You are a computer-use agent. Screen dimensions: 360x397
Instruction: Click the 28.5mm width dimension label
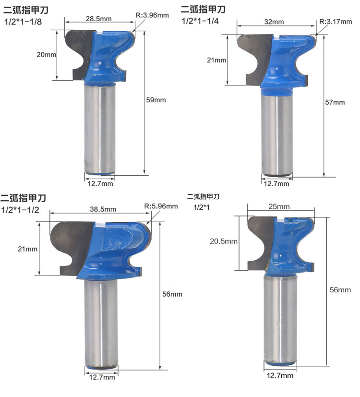pyautogui.click(x=98, y=19)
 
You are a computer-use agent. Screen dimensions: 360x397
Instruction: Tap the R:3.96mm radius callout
pyautogui.click(x=152, y=15)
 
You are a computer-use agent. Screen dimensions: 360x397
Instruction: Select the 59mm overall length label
pyautogui.click(x=156, y=100)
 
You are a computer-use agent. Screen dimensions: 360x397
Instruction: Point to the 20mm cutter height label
pyautogui.click(x=47, y=54)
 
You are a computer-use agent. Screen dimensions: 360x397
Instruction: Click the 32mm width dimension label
pyautogui.click(x=274, y=22)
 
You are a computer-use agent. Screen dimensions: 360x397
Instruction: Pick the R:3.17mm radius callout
pyautogui.click(x=336, y=22)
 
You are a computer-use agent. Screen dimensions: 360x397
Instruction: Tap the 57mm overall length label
pyautogui.click(x=335, y=102)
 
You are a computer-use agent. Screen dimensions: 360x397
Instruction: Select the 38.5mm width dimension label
pyautogui.click(x=103, y=209)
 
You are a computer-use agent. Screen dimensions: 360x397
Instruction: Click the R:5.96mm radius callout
pyautogui.click(x=161, y=206)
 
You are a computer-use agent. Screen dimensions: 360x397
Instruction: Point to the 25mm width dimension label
pyautogui.click(x=279, y=206)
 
